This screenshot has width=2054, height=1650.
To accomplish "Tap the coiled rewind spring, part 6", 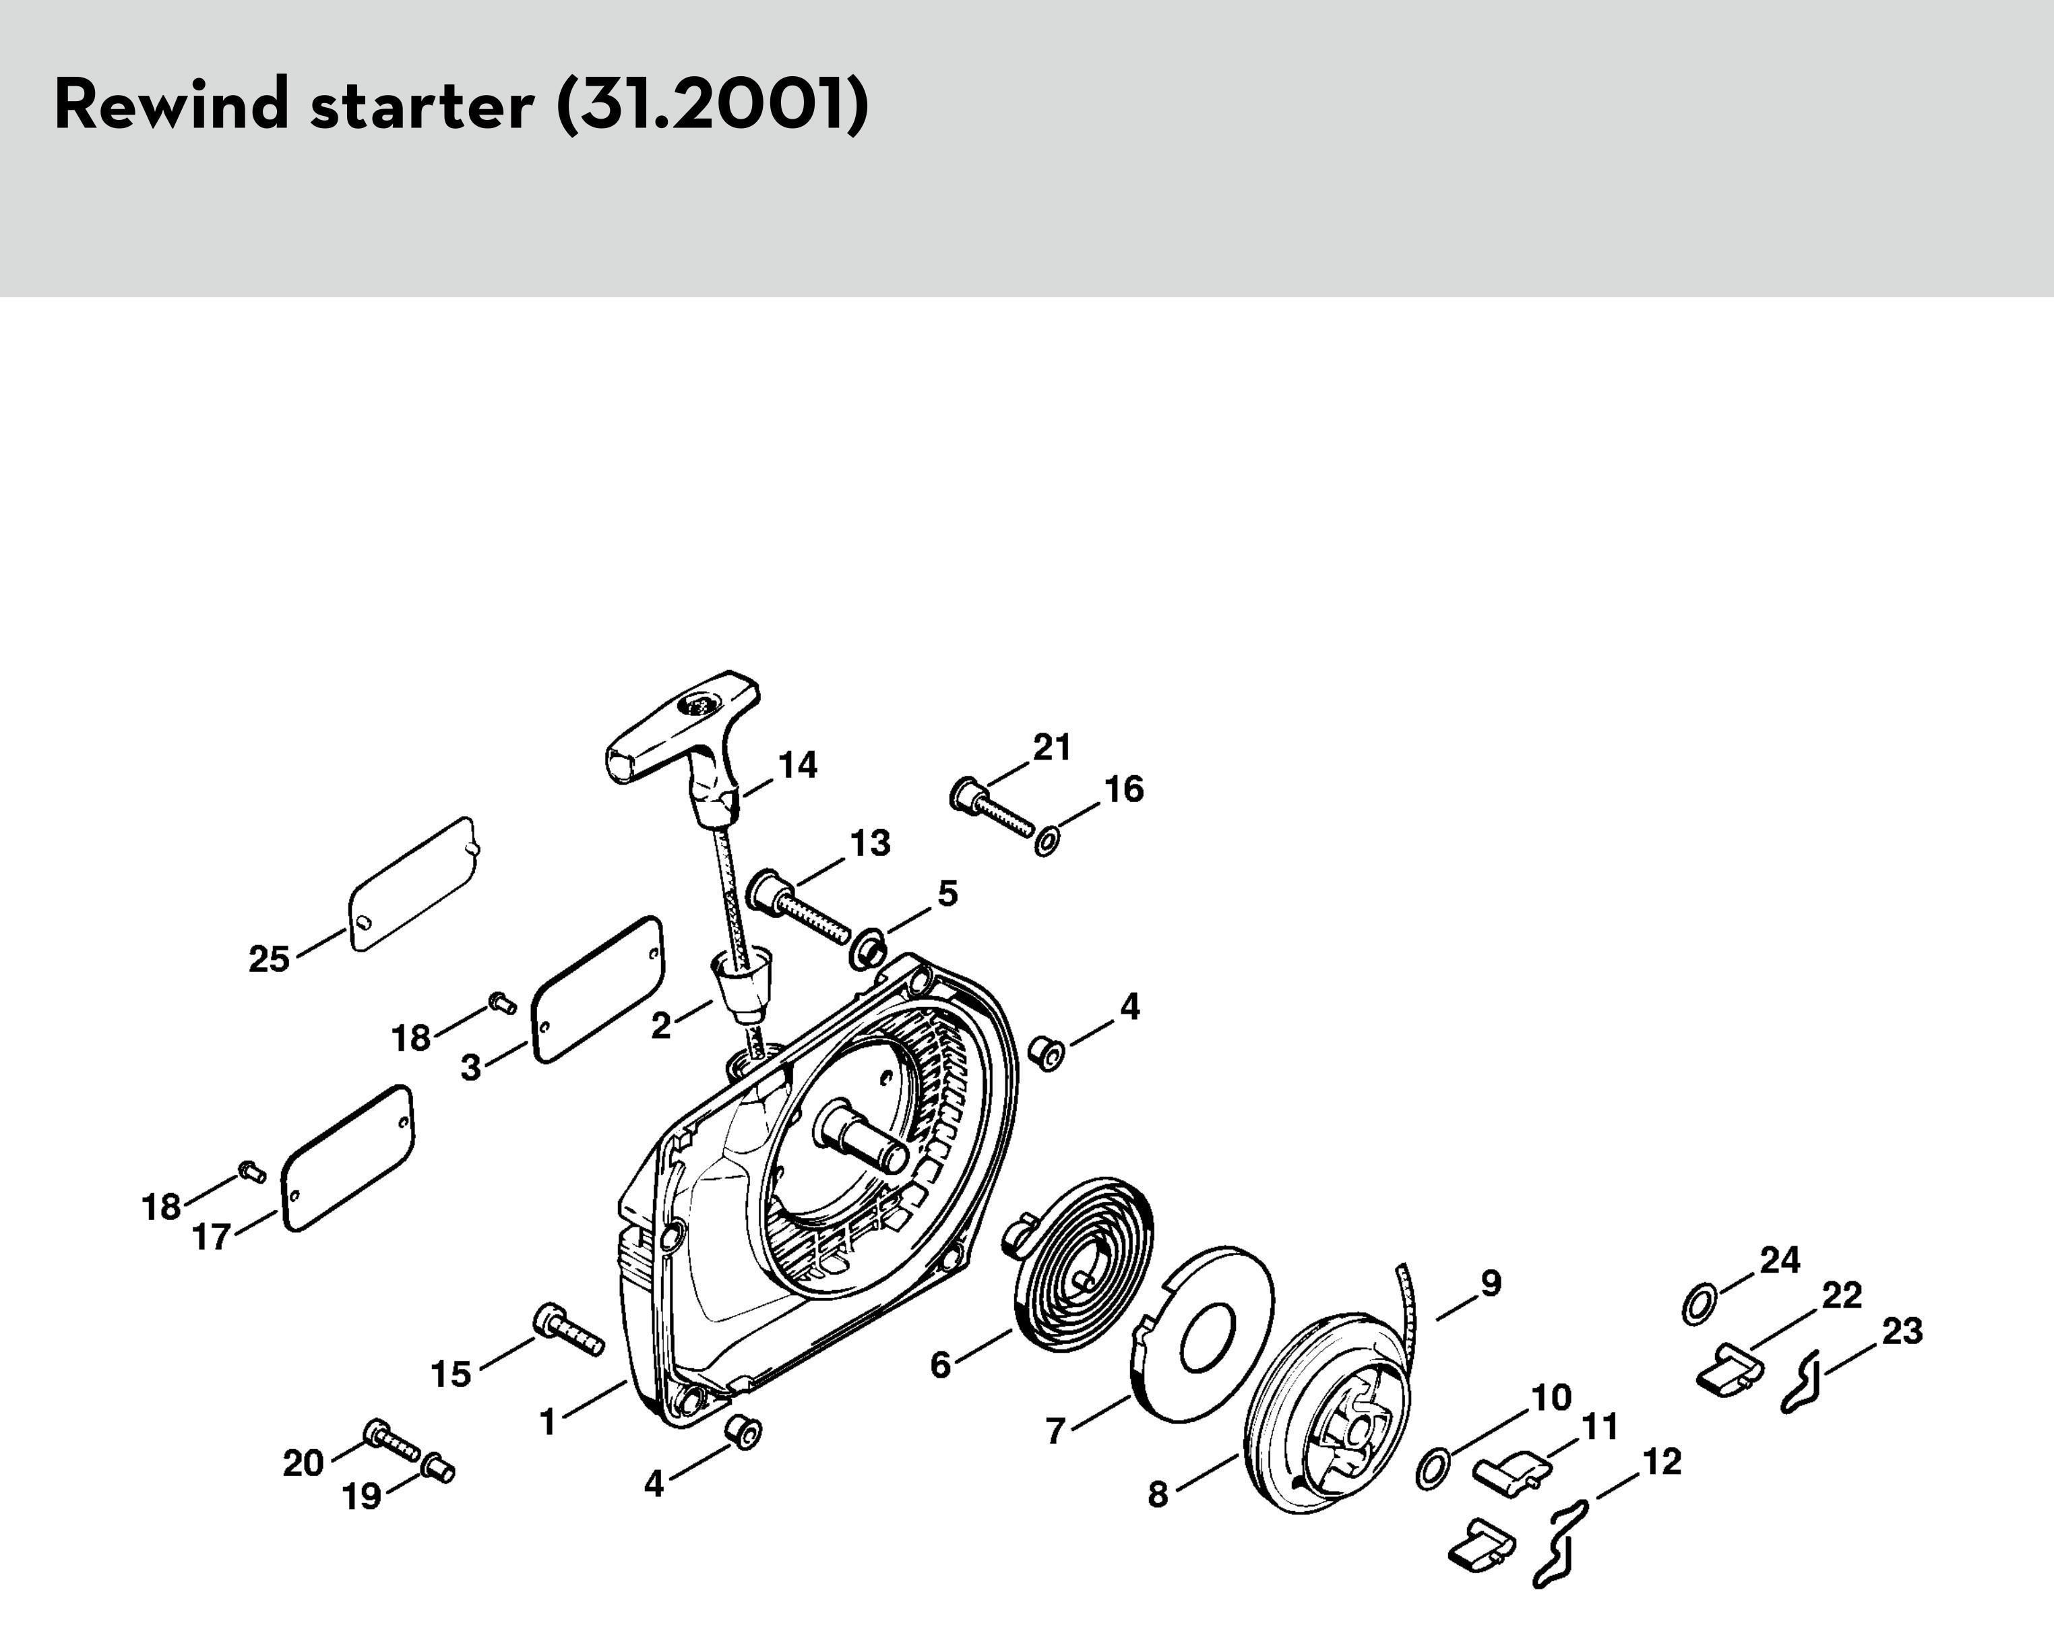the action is tap(1080, 1263).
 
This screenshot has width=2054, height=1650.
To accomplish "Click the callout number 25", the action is tap(269, 958).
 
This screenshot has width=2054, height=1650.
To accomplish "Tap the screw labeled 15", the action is tap(569, 1329).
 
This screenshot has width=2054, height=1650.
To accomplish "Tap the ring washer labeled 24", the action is tap(1701, 1304).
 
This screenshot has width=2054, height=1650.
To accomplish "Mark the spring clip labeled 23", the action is tap(1801, 1381).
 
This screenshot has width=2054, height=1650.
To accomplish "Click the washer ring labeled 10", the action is tap(1434, 1468).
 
